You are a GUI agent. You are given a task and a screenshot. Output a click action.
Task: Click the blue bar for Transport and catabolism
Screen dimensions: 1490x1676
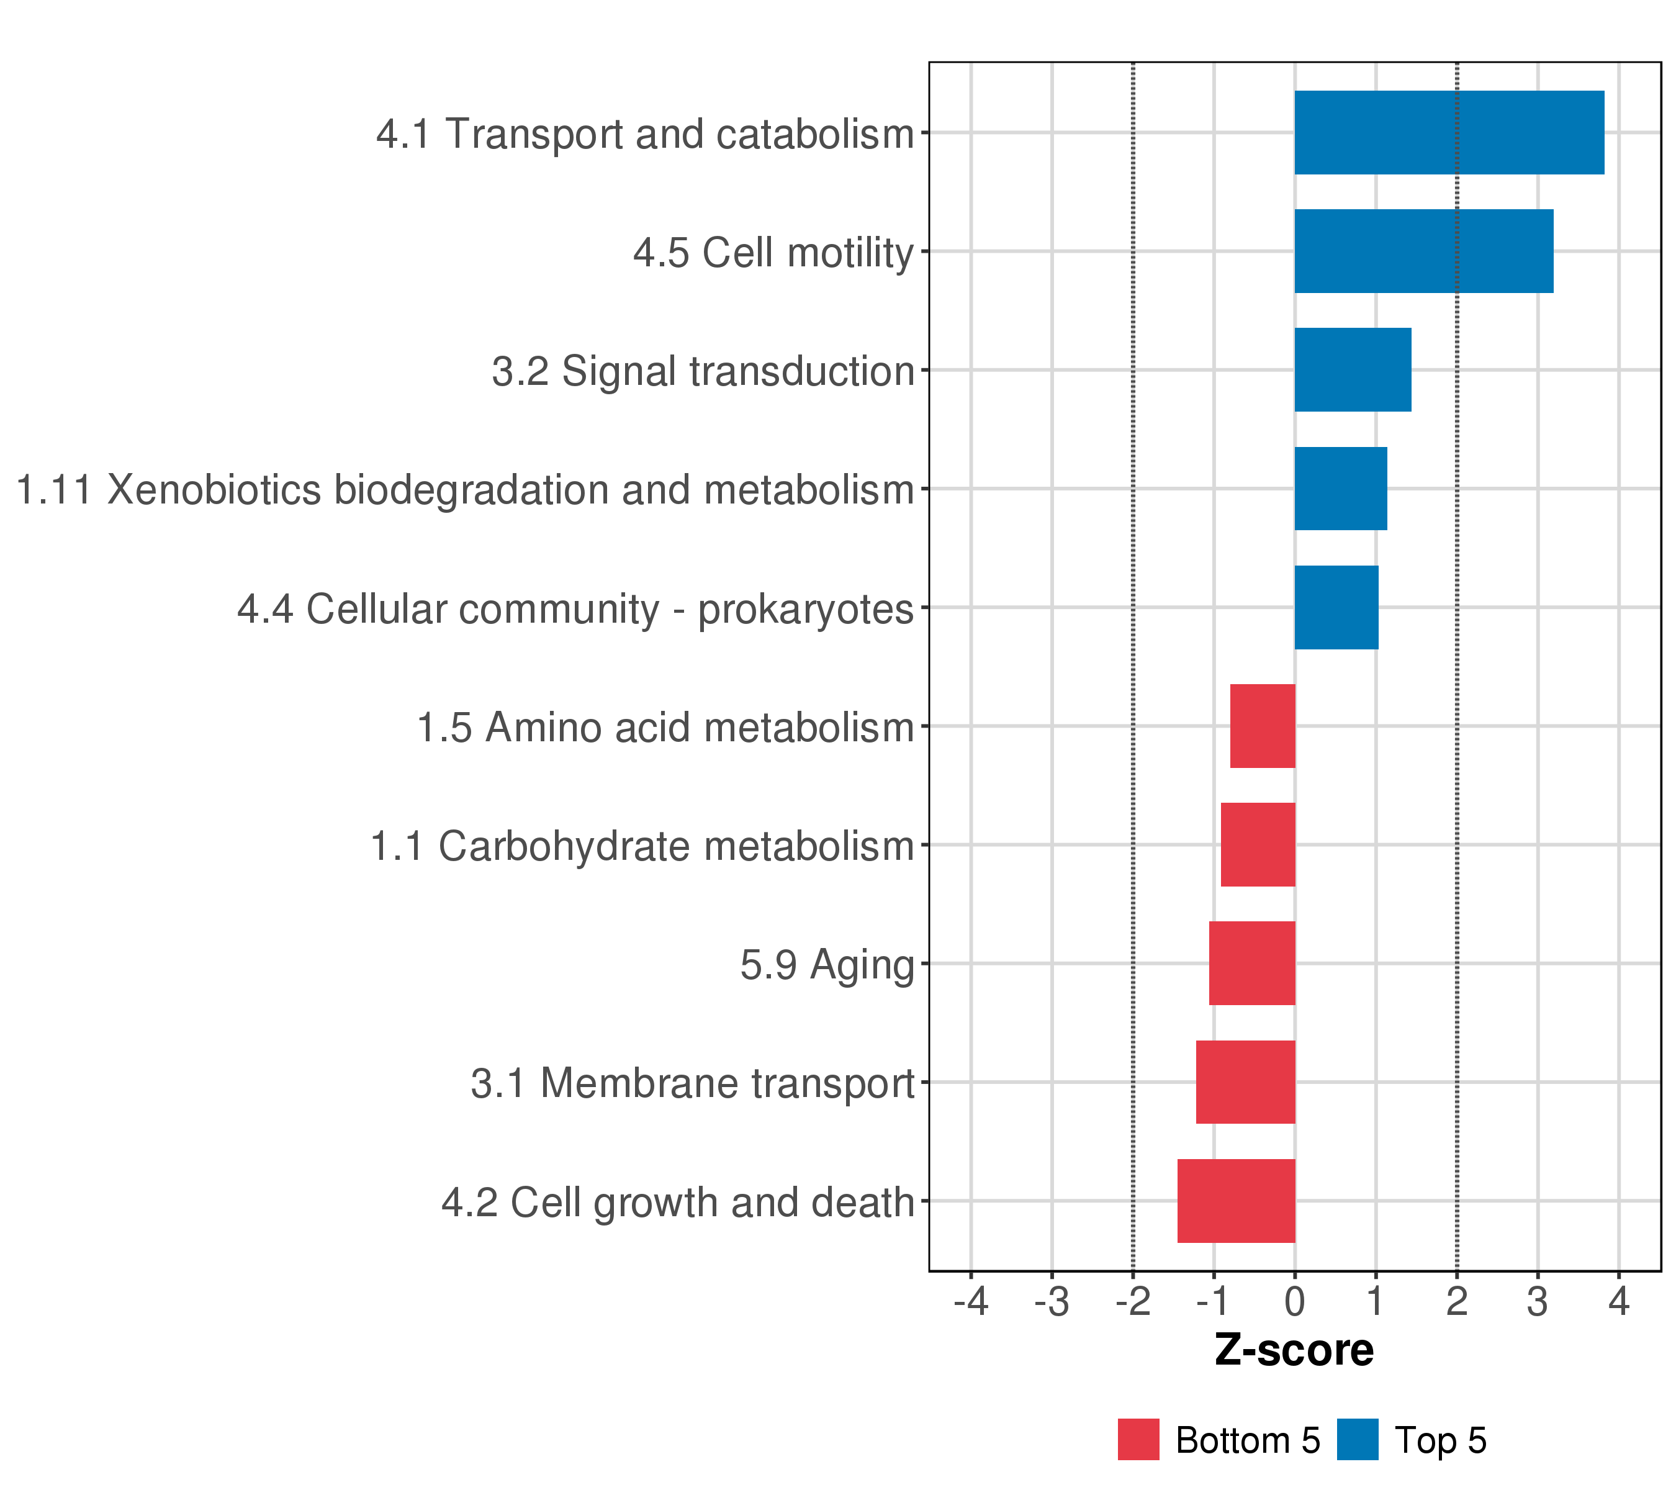click(1448, 133)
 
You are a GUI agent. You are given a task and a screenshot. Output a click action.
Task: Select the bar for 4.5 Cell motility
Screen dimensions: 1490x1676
click(1423, 251)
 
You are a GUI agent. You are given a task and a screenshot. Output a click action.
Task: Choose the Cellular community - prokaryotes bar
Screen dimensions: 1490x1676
click(1336, 608)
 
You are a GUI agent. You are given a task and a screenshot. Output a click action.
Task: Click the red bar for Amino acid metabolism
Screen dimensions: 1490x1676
click(1262, 726)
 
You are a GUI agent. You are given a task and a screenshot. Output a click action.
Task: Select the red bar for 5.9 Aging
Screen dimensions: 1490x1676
click(1251, 964)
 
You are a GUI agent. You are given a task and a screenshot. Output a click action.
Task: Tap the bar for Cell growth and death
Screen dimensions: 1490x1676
click(1236, 1201)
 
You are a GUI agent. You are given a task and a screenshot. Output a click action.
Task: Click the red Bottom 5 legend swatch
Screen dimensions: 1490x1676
click(1138, 1440)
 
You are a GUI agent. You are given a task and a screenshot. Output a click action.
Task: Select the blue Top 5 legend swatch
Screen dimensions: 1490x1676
click(1357, 1440)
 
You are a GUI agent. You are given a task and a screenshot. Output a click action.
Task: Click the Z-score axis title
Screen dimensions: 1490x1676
click(1294, 1350)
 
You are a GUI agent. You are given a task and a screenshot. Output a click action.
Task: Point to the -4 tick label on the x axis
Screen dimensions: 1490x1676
click(970, 1303)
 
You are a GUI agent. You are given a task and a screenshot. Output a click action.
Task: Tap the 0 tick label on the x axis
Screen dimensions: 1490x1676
click(1295, 1303)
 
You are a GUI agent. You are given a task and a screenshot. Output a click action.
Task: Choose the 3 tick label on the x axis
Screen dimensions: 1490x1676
click(1538, 1303)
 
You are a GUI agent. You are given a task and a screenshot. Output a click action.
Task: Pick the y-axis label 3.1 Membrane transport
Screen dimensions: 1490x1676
click(692, 1083)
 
